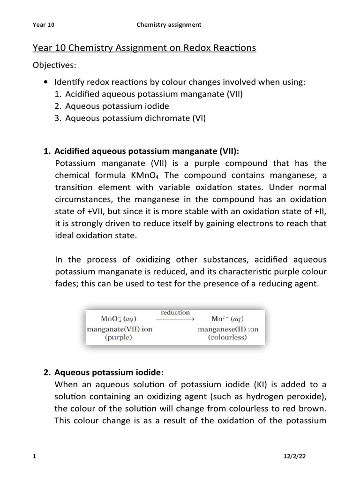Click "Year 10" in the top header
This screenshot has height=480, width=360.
(x=43, y=24)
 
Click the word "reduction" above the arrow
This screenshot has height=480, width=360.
(x=175, y=312)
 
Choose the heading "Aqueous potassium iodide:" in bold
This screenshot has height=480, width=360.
(x=109, y=373)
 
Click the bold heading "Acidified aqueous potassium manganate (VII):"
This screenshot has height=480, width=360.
(x=147, y=151)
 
